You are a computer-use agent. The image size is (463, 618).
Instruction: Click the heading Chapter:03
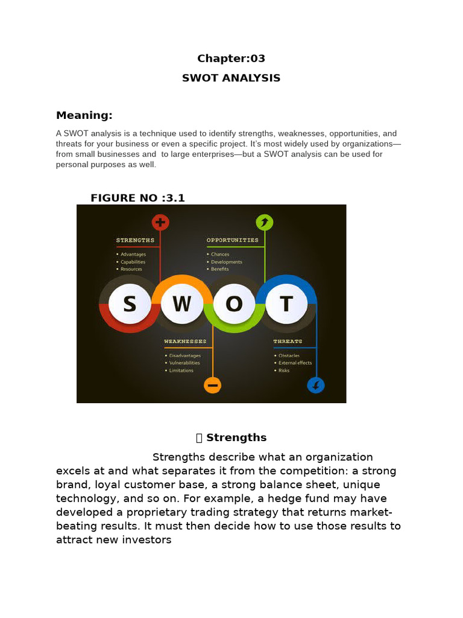tap(231, 59)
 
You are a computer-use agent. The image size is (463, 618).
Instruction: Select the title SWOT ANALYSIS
tap(231, 78)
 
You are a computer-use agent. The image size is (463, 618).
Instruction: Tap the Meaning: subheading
tap(84, 115)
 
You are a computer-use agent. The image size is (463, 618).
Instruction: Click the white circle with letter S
tap(130, 304)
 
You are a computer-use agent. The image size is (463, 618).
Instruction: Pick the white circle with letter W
tap(181, 304)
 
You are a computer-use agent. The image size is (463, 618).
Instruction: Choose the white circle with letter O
tap(234, 304)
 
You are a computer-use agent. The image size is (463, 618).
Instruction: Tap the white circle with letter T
tap(286, 304)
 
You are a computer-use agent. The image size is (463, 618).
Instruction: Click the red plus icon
tap(160, 223)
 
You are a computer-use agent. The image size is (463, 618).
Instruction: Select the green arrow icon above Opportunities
tap(264, 223)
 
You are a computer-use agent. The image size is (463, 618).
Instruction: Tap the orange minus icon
tap(212, 384)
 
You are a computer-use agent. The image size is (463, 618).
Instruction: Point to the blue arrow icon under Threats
tap(316, 384)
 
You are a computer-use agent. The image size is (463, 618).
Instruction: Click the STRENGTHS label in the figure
tap(135, 240)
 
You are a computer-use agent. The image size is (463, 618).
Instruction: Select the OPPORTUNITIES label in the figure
tap(232, 240)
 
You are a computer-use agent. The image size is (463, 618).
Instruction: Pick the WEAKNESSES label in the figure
tap(185, 342)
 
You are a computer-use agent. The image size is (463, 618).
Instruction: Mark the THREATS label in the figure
tap(288, 342)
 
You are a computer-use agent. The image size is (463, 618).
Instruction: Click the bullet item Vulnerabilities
tap(184, 363)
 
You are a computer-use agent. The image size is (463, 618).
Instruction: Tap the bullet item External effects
tap(295, 363)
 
